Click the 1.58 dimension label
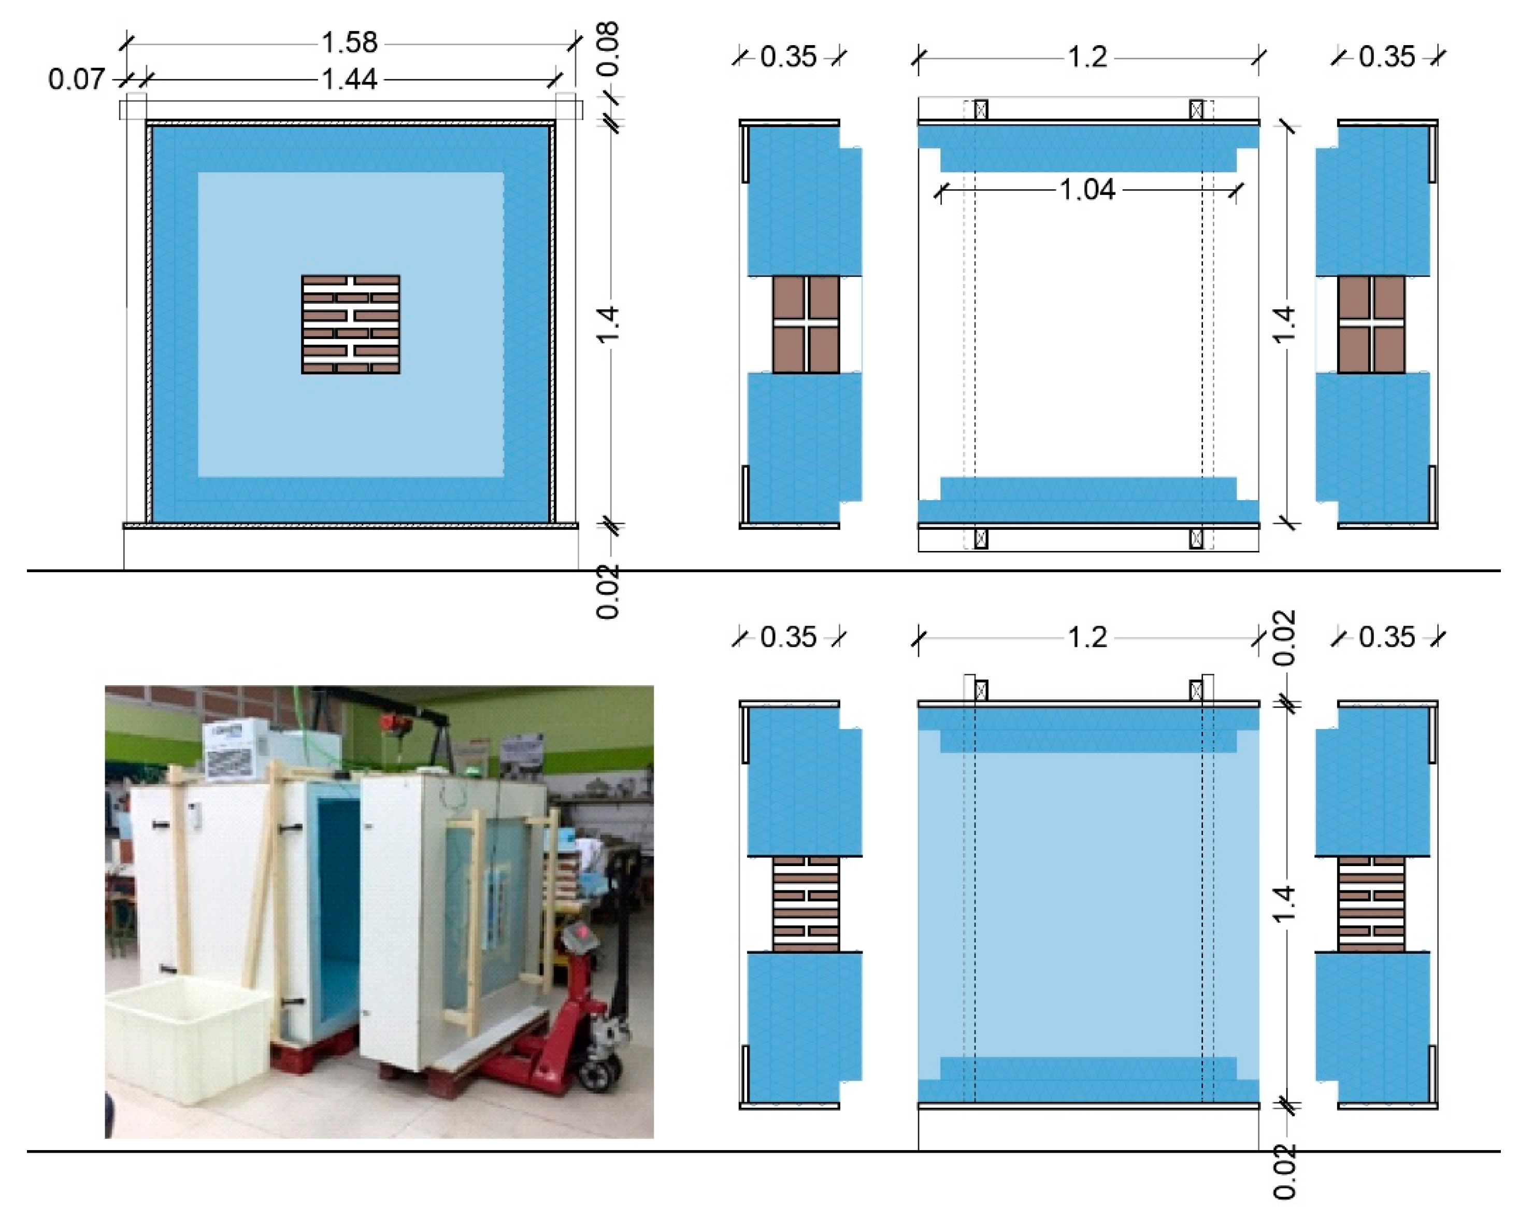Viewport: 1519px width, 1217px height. coord(350,43)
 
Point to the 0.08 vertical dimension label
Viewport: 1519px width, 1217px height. coord(607,49)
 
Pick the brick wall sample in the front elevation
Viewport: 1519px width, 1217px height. coord(350,324)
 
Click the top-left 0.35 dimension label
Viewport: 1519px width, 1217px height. coord(789,57)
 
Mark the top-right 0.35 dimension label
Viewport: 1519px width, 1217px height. coord(1386,57)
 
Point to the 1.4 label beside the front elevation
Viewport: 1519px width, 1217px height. coord(607,324)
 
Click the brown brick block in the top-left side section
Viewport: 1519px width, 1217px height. coord(805,324)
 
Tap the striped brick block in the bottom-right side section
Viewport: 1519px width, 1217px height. coord(1370,904)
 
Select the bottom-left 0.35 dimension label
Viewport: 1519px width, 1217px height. coord(789,638)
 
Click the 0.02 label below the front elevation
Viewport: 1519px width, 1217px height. coord(607,592)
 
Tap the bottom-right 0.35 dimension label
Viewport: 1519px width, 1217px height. coord(1386,638)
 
